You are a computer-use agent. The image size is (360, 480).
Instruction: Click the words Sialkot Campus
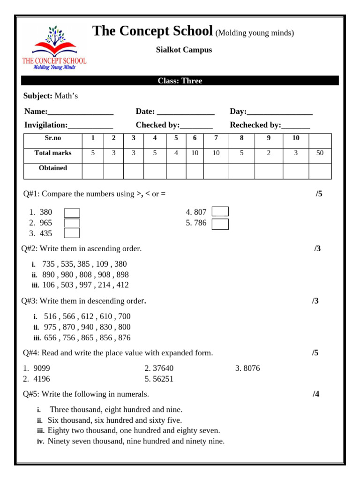click(184, 50)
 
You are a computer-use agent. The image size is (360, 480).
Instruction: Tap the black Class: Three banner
click(180, 81)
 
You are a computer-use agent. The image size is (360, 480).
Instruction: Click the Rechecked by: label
click(255, 125)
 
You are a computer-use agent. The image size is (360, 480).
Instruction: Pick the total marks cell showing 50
click(320, 153)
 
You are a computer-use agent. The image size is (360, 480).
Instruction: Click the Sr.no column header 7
click(216, 138)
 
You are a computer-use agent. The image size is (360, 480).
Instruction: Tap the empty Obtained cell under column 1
click(93, 171)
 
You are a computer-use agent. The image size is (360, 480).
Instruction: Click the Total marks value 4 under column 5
click(176, 153)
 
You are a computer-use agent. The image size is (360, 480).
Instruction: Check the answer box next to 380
click(72, 213)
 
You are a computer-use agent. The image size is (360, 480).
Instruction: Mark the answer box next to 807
click(220, 212)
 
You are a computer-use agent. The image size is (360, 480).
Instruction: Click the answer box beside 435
click(72, 233)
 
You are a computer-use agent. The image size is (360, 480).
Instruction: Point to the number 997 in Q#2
click(85, 285)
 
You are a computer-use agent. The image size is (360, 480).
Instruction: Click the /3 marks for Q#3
click(315, 301)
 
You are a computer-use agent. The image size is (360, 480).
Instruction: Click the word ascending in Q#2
click(96, 248)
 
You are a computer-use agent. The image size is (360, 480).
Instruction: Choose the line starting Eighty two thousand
click(134, 430)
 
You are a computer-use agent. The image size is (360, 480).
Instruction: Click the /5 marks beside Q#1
click(319, 194)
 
